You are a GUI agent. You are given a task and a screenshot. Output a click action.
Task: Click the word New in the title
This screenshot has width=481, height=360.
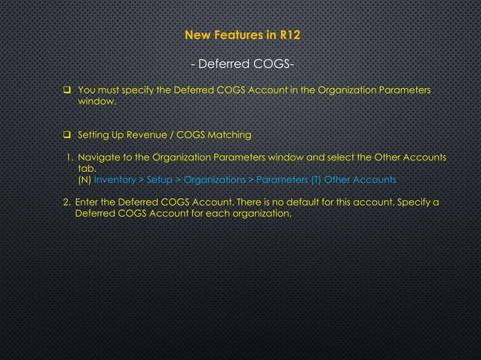coord(198,35)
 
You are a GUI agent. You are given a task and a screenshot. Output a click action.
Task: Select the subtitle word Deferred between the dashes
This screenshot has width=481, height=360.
coord(224,63)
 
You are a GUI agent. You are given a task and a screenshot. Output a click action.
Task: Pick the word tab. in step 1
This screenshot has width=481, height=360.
coord(87,169)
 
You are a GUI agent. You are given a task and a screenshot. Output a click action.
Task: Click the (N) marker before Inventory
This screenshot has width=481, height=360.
coord(84,181)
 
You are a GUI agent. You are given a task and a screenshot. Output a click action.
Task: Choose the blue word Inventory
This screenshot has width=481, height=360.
coord(115,181)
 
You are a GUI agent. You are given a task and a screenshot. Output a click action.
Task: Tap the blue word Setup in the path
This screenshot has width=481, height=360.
coord(158,181)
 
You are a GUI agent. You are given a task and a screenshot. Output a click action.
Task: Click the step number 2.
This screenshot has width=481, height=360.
coord(66,203)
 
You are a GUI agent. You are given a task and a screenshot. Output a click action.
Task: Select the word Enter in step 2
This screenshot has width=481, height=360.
coord(87,203)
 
